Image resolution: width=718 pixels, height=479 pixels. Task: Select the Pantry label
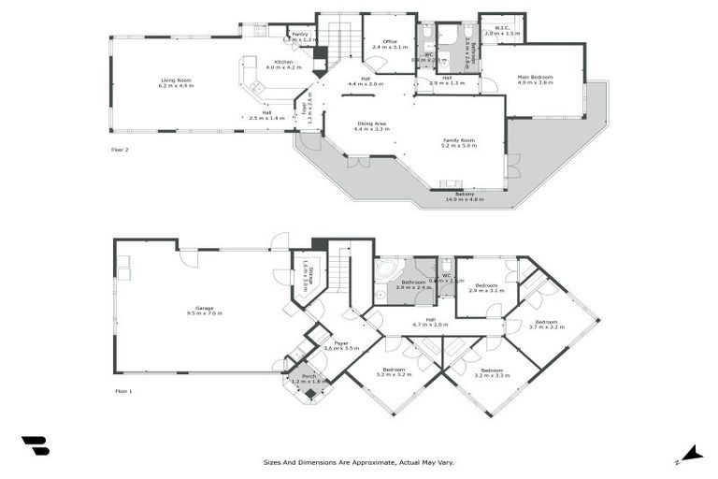300,35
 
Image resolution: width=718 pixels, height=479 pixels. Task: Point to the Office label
390,42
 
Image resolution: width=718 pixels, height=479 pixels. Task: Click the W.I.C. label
503,29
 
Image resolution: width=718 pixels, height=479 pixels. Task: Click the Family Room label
459,140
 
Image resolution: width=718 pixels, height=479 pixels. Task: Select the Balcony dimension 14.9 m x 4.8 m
465,199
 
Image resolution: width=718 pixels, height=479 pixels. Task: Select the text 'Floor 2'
119,150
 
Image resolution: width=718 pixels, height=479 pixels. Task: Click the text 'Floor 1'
122,391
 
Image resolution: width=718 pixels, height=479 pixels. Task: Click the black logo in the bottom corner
36,446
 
